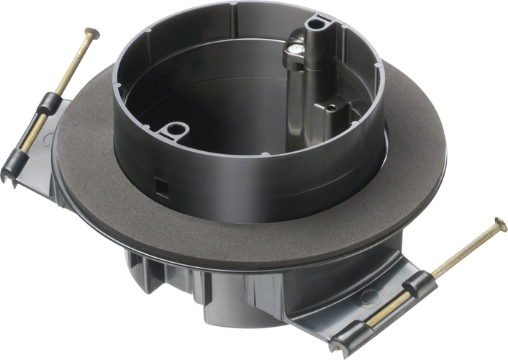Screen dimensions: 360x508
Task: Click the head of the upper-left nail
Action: [x=91, y=32]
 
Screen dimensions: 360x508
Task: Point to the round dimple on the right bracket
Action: [x=368, y=294]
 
